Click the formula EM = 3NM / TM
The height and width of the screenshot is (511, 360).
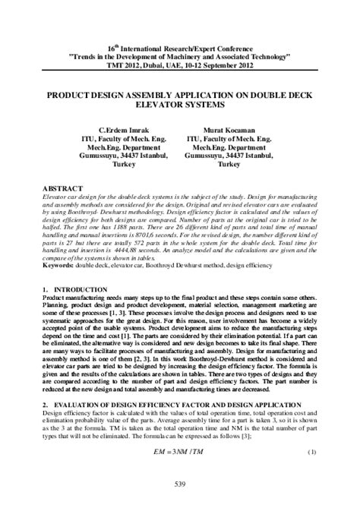click(180, 453)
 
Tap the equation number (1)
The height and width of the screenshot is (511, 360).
click(311, 453)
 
